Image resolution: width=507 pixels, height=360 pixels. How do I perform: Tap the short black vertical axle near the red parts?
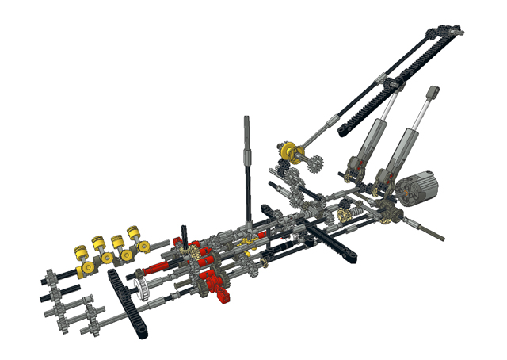(185, 235)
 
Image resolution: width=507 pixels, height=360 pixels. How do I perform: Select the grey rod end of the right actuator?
(433, 94)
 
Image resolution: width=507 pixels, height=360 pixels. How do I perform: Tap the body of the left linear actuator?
(367, 147)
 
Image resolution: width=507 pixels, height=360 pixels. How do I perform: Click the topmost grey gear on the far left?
(50, 277)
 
